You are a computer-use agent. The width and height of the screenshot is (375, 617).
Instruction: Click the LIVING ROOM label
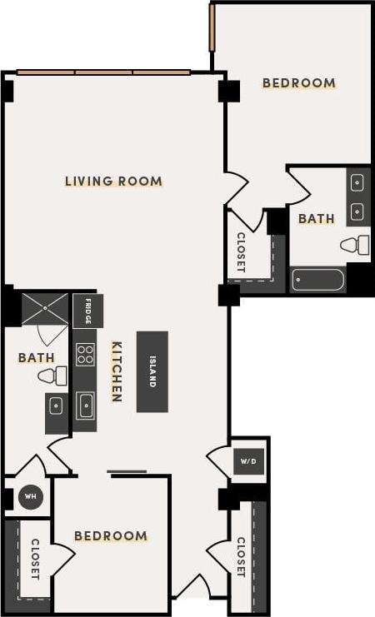113,181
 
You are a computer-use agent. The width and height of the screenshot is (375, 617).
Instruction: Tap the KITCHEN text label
117,371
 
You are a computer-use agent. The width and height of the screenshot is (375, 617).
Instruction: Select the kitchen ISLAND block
152,371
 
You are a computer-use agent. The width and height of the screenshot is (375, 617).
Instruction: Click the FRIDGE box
87,311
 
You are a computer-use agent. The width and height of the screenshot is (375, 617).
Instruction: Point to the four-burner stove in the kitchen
85,354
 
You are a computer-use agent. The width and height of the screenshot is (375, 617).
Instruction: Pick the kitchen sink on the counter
85,406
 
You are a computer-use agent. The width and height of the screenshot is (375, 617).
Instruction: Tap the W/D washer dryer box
248,460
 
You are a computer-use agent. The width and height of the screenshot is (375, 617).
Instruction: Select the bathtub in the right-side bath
318,279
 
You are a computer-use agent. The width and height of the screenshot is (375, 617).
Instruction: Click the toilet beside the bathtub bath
356,245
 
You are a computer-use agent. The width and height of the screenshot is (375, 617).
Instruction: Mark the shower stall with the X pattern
44,309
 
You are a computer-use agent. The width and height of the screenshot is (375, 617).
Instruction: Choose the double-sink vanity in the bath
357,196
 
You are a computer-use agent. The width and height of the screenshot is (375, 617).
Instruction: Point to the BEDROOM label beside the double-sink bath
298,82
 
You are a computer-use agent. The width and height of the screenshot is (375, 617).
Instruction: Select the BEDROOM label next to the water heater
111,535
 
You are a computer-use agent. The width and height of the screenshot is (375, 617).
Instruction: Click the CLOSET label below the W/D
241,557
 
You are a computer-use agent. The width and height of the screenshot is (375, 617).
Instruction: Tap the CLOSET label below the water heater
35,559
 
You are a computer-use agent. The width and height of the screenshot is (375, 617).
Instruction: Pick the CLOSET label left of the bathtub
241,252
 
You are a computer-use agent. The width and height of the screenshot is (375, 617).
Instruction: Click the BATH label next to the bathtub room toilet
316,219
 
